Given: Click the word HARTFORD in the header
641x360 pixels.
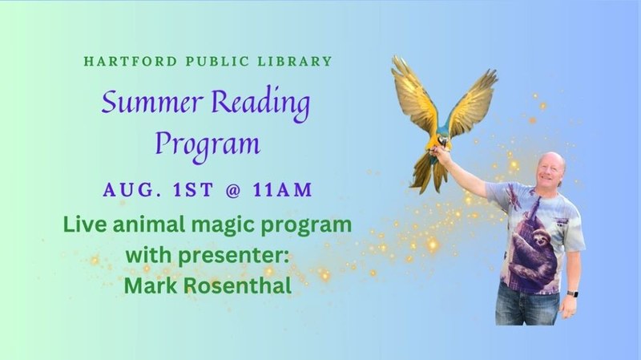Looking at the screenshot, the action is point(131,62).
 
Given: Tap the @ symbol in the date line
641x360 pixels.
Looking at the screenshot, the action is point(233,190).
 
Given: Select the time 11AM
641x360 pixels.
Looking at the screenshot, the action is point(283,190).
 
